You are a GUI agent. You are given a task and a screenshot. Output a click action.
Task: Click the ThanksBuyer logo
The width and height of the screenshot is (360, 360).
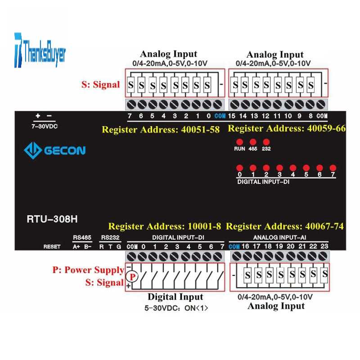(40, 50)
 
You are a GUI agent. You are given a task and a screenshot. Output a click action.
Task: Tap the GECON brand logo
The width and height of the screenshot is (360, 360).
(54, 150)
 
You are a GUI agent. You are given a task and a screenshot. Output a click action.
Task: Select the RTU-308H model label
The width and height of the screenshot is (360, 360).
(52, 219)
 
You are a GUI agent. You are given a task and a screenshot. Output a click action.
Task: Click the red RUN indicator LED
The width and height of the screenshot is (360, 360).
(239, 142)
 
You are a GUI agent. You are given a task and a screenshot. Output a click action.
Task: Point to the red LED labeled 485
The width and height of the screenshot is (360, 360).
(253, 142)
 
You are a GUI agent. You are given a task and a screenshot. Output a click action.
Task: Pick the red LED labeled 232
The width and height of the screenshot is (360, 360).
(266, 142)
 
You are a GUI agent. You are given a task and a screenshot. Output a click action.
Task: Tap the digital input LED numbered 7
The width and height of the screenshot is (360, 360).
(333, 168)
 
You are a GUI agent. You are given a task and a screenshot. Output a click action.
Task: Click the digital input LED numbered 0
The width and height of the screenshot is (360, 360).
(239, 168)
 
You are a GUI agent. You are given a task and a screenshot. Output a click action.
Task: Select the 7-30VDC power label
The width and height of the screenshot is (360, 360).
(45, 126)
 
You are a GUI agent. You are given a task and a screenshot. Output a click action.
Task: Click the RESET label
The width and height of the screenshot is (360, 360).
(52, 247)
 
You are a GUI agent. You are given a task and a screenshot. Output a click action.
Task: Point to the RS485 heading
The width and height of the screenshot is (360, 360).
(82, 238)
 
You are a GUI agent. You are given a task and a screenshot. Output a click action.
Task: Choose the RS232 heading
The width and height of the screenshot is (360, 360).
(110, 238)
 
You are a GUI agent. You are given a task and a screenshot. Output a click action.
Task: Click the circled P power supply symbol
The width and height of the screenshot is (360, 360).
(132, 277)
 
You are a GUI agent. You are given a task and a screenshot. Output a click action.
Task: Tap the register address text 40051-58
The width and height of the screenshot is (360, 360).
(200, 130)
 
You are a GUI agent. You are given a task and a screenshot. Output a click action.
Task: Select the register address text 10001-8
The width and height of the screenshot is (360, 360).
(204, 226)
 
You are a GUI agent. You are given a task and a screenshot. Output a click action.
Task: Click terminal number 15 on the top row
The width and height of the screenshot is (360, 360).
(231, 116)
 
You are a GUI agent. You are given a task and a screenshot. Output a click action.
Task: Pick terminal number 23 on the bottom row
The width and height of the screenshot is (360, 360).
(324, 246)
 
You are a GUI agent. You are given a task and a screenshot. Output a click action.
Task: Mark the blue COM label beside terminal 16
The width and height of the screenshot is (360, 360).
(234, 247)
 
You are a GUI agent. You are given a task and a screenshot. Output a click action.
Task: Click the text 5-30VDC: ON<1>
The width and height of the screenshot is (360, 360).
(176, 308)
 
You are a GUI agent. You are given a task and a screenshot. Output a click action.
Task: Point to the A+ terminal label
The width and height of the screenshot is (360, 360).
(76, 247)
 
